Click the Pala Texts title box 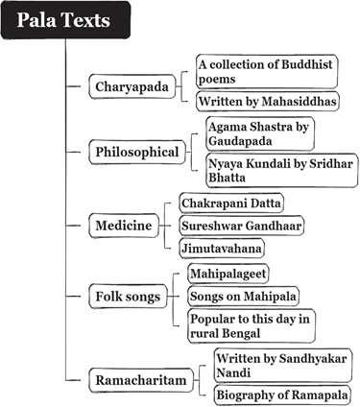coord(65,20)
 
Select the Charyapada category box coord(132,86)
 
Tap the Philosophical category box coord(137,152)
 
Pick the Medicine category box coord(124,226)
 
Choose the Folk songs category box coord(128,297)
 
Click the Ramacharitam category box coord(141,380)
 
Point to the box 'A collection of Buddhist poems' coord(267,71)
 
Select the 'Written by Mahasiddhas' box coord(267,101)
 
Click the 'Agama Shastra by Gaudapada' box coord(260,133)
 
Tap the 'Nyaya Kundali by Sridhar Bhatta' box coord(282,170)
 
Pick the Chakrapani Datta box coord(231,203)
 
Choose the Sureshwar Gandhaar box coord(242,226)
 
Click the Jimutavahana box coord(222,248)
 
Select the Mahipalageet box coord(228,274)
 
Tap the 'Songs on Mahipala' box coord(243,297)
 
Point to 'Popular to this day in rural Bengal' coord(252,325)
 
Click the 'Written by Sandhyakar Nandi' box coord(283,366)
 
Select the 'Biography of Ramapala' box coord(282,395)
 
